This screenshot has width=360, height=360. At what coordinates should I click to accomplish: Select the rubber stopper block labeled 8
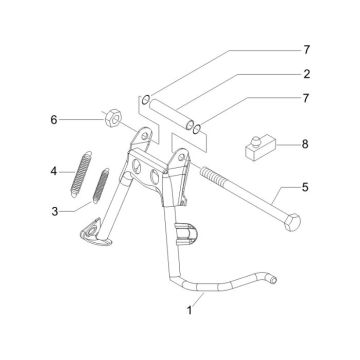257,150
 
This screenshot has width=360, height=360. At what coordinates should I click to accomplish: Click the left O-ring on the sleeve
145,99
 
